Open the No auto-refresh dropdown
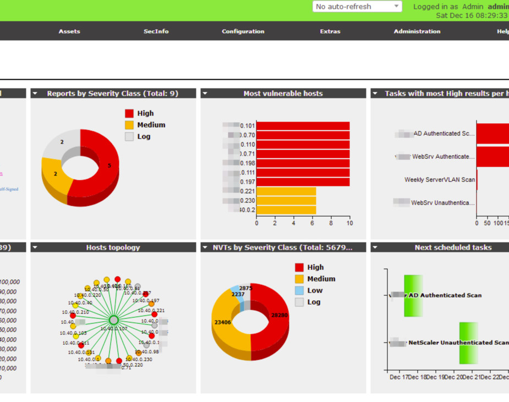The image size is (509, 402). (x=357, y=7)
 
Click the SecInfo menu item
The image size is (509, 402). (x=156, y=31)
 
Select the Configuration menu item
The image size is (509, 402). (x=243, y=31)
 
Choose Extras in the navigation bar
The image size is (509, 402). (x=330, y=31)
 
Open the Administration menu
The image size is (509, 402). (x=417, y=31)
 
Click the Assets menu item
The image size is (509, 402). (x=69, y=31)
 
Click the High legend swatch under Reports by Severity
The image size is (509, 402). (x=129, y=113)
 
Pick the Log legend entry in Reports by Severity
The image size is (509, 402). (x=144, y=136)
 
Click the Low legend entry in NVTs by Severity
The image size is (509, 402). (x=315, y=290)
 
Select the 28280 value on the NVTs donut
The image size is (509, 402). (x=279, y=316)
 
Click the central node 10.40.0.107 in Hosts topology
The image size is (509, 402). (x=113, y=320)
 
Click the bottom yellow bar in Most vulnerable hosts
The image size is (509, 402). (x=286, y=210)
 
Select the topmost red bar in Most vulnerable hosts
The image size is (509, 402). (x=303, y=126)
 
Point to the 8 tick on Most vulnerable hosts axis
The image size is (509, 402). (x=331, y=223)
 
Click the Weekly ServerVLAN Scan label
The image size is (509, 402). (x=439, y=180)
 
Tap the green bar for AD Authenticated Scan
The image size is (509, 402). (x=413, y=296)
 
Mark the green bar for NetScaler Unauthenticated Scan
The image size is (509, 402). (x=469, y=343)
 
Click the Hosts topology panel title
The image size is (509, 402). (x=113, y=247)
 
